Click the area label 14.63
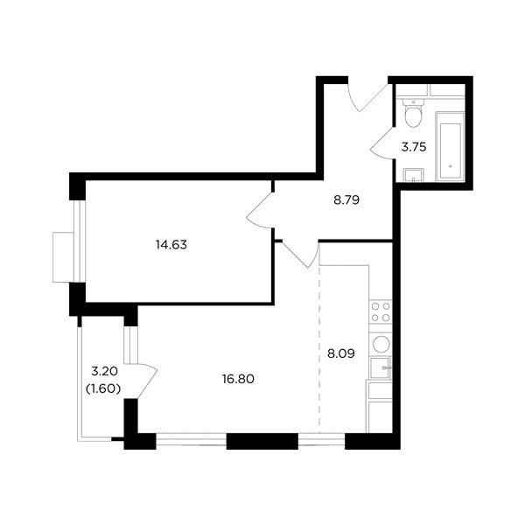click(x=171, y=245)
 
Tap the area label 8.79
click(x=346, y=199)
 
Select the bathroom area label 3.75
click(x=414, y=147)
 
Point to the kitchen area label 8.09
click(x=341, y=353)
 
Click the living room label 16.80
click(x=238, y=379)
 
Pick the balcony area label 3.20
click(x=104, y=371)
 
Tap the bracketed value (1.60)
click(x=103, y=389)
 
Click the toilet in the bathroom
click(x=414, y=113)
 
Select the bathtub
click(x=450, y=147)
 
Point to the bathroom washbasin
click(x=414, y=175)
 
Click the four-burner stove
click(x=381, y=311)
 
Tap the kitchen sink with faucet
click(x=381, y=367)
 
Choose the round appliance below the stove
click(x=381, y=344)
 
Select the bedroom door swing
click(x=260, y=210)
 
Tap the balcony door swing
click(x=148, y=381)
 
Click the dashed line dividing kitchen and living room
click(x=319, y=349)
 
